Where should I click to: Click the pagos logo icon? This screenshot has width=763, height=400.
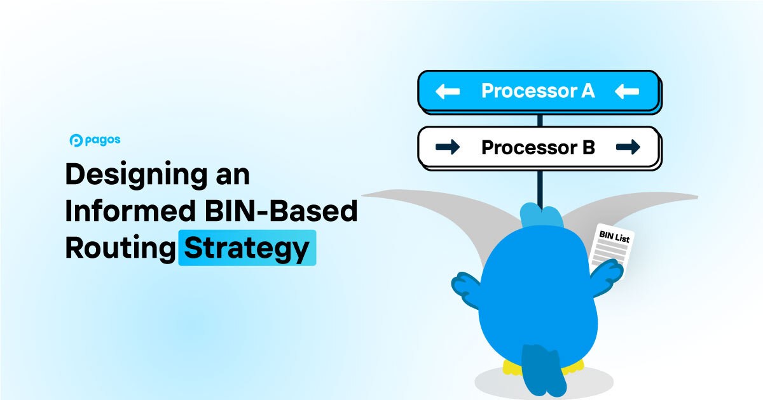(76, 140)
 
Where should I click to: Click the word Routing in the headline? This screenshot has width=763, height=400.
(120, 248)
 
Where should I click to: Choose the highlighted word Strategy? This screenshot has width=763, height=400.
(247, 248)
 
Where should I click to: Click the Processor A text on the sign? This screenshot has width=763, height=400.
(538, 91)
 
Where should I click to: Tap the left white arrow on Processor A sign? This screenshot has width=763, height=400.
(447, 91)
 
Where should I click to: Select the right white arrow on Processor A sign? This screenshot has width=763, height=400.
(627, 91)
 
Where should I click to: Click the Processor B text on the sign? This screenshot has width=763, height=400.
(538, 148)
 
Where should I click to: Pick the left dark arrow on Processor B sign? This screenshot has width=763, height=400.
(447, 148)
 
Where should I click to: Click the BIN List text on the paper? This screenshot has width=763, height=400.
(614, 237)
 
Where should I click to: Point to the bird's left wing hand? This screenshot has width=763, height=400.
(467, 286)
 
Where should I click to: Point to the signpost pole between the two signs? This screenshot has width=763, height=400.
(539, 119)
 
